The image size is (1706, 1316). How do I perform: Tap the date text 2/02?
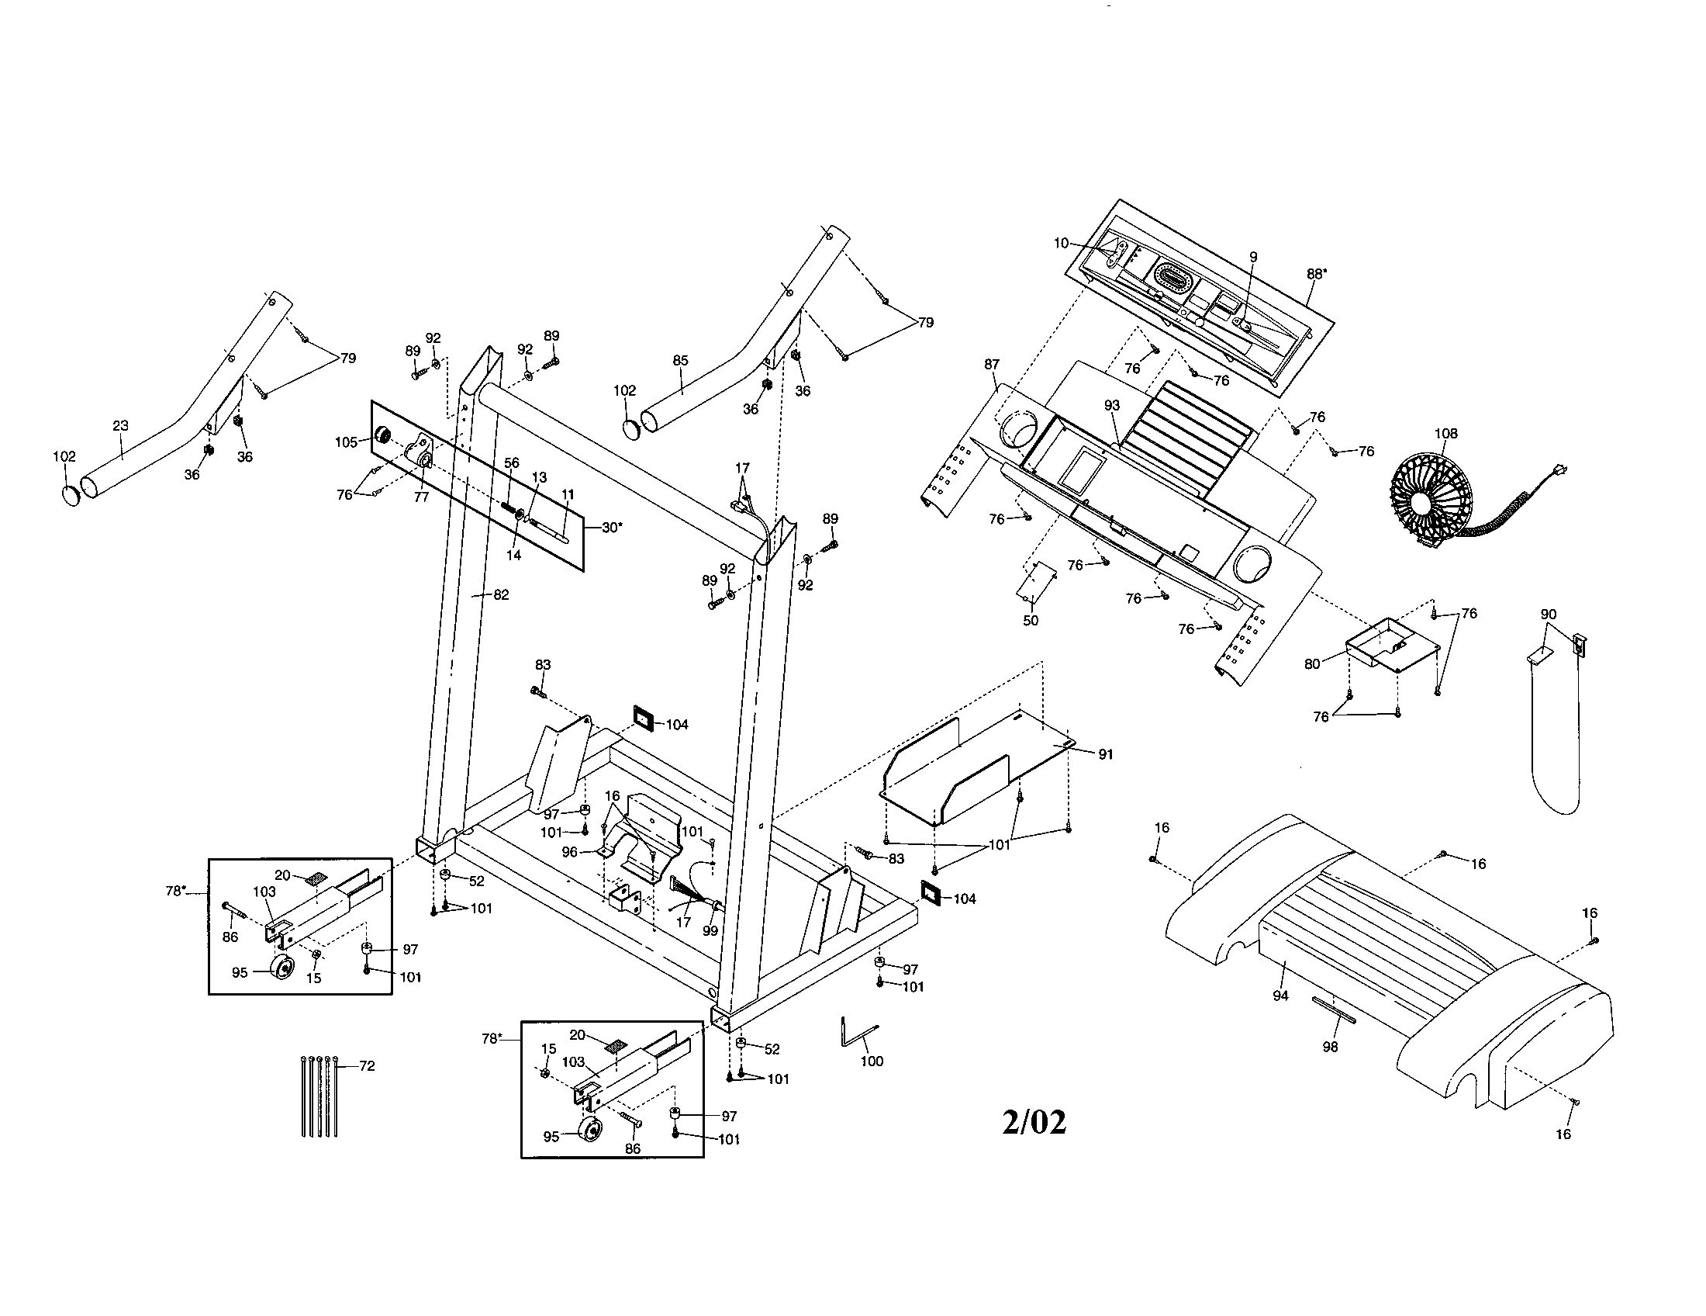coord(1034,1122)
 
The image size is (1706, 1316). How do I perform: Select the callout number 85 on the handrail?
coord(679,361)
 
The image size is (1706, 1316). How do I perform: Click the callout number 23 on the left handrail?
coord(120,426)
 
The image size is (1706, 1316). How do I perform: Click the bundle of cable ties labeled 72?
coord(319,1096)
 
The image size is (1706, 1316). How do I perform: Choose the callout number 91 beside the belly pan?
coord(1105,754)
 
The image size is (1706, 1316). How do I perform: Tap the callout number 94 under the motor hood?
coord(1279,996)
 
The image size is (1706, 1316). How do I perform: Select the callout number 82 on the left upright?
coord(501,594)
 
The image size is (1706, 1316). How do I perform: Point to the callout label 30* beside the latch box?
coord(613,527)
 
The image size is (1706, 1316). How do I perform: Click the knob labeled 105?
coord(383,436)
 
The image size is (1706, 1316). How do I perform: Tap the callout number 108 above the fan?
coord(1445,434)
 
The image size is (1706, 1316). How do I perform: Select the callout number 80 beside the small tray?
coord(1311,664)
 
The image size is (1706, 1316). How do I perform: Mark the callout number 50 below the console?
coord(1031,621)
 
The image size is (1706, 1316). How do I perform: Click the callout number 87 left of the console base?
coord(991,364)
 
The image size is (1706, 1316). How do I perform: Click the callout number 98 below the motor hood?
coord(1329,1048)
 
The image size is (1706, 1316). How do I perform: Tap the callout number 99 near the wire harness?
coord(710,930)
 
